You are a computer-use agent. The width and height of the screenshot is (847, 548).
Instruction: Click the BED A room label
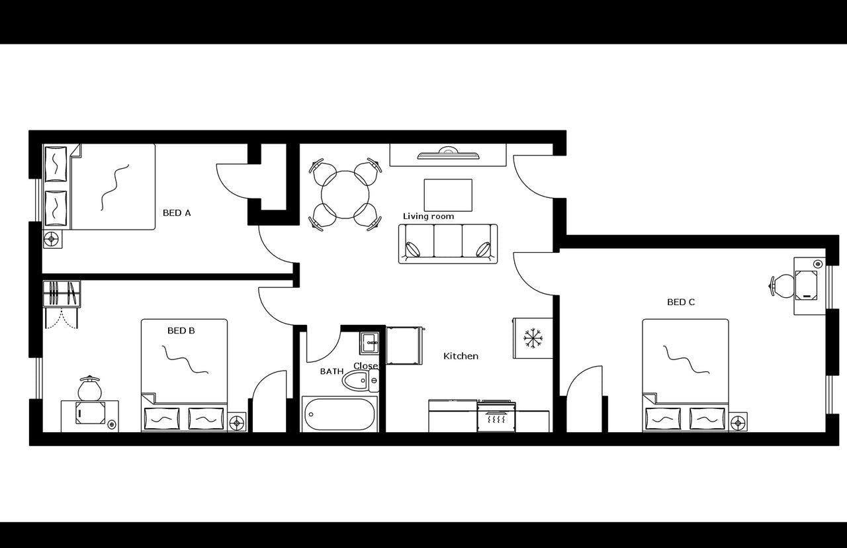pos(177,213)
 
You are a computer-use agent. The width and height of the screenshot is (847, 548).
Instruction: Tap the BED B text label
pos(181,330)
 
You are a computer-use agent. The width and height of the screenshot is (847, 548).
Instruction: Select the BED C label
pos(680,302)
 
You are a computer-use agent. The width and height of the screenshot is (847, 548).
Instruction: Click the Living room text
pos(428,216)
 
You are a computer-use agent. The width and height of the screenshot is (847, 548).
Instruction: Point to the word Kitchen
pos(461,356)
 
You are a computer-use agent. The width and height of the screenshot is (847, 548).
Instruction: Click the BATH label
pos(332,371)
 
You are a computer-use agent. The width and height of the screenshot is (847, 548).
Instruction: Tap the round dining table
pos(345,194)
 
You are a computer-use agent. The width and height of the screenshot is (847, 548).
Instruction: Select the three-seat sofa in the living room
pos(448,244)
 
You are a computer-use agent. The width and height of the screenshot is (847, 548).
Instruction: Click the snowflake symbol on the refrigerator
pos(533,338)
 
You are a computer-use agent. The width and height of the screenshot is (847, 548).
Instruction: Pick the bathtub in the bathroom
pos(339,414)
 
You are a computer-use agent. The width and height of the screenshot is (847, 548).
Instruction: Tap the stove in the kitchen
pos(496,416)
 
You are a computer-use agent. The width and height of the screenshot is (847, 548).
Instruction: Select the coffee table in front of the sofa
pos(448,195)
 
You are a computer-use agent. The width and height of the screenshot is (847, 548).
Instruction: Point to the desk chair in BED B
pos(89,389)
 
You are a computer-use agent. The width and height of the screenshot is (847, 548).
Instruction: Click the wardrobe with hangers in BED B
pos(62,294)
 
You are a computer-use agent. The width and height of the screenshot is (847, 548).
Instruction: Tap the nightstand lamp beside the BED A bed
pos(52,239)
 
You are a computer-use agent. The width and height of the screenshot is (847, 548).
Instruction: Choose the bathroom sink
pos(369,342)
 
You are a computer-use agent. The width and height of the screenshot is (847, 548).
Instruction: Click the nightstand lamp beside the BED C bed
pos(738,422)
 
